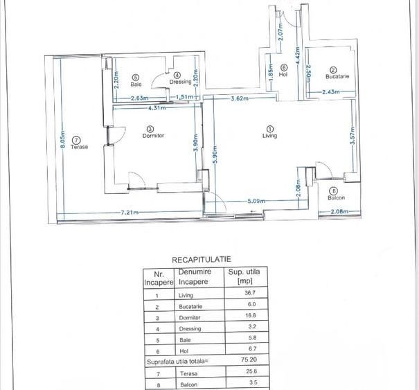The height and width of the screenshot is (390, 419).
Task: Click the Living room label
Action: (269, 136)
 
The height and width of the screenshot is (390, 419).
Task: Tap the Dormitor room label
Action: (153, 136)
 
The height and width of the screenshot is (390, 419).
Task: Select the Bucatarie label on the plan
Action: (337, 76)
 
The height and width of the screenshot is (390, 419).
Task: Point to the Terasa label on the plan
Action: (79, 146)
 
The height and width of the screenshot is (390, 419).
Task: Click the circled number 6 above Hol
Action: (284, 68)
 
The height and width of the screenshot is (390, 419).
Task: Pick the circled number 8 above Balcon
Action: (334, 191)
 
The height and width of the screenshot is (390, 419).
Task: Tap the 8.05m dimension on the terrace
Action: (62, 139)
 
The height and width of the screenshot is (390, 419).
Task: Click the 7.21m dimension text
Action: (130, 213)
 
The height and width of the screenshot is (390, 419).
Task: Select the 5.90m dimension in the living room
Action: (216, 154)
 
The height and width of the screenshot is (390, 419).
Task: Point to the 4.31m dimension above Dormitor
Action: (157, 108)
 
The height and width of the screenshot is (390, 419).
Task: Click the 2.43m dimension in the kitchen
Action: (331, 92)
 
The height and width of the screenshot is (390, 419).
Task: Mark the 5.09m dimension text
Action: (256, 201)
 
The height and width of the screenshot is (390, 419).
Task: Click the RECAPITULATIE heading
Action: (202, 260)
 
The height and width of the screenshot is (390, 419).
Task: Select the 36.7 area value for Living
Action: (250, 293)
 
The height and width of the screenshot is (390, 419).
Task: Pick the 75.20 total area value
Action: (249, 360)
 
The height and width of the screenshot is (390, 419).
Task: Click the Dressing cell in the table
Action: (190, 329)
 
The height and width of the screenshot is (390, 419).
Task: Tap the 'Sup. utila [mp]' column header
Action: (244, 276)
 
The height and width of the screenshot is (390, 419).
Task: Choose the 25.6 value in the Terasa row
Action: (251, 371)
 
